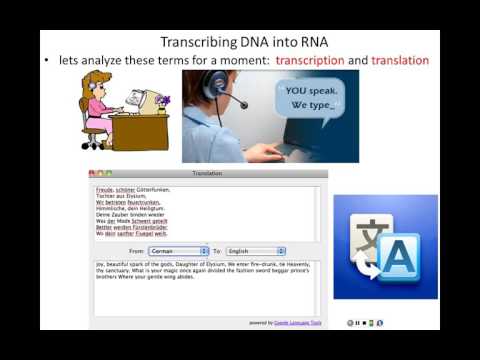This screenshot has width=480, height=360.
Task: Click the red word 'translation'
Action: pos(400,61)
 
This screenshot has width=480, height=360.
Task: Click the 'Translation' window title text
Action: pos(207,173)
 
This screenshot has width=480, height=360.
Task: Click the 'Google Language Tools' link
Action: pos(294,322)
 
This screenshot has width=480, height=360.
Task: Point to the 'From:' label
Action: pos(137,251)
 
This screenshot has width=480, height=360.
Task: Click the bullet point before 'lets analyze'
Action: pos(46,61)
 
